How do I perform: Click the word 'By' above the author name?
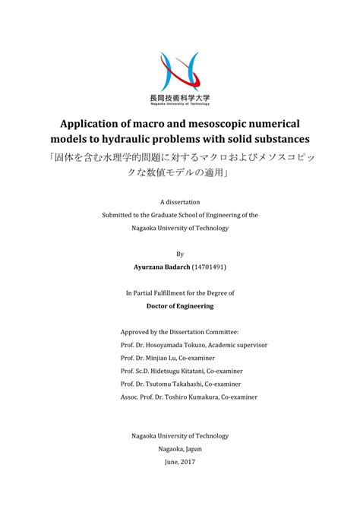pyautogui.click(x=180, y=254)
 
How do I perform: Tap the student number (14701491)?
pyautogui.click(x=209, y=267)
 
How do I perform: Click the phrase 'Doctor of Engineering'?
pyautogui.click(x=180, y=306)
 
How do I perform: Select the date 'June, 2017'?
pyautogui.click(x=180, y=461)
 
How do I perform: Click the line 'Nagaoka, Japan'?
pyautogui.click(x=180, y=448)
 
